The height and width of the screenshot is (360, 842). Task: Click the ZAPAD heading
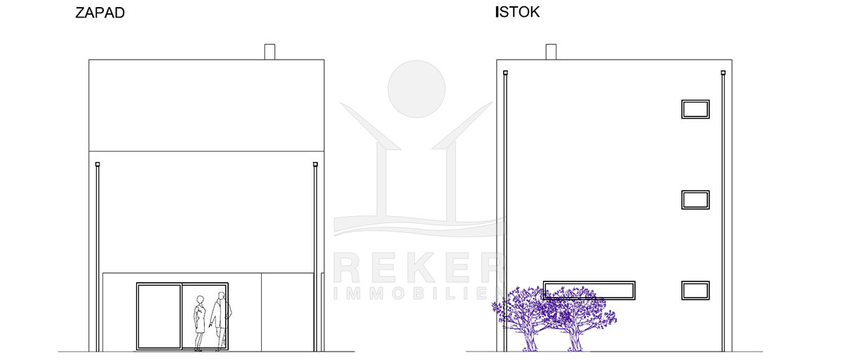pos(100,13)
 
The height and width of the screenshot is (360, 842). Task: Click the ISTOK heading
pos(518,12)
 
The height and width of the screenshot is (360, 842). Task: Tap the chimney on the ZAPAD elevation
pos(269,52)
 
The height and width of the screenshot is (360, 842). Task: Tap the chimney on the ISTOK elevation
pos(551,52)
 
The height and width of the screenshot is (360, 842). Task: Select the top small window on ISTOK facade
pos(695,109)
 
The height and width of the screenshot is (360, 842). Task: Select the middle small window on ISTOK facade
pos(695,200)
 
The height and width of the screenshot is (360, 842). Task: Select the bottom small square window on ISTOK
pos(695,291)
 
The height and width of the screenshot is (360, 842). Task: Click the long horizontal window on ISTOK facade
pos(589,290)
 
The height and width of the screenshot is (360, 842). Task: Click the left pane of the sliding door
pos(159,316)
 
